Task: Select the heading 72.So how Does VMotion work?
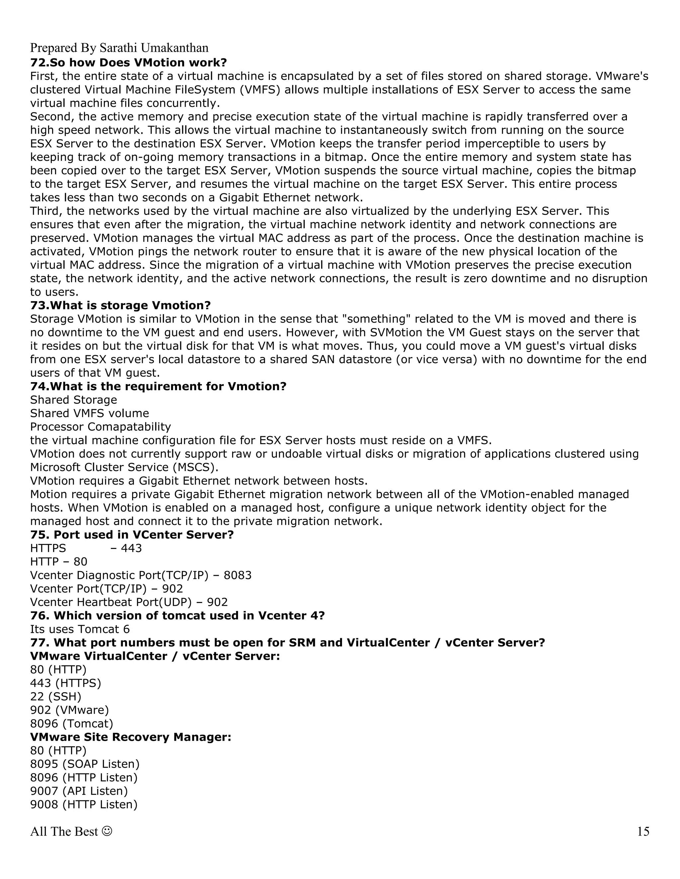[128, 63]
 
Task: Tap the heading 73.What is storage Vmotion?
[121, 305]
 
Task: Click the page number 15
[643, 831]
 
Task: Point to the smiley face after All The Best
[107, 831]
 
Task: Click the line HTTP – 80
[58, 562]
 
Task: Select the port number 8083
[237, 575]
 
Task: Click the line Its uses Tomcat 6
[80, 629]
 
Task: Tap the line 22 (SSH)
[55, 696]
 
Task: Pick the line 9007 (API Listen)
[79, 791]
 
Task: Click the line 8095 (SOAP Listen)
[85, 764]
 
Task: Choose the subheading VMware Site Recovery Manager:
[130, 737]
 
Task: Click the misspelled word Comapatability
[129, 427]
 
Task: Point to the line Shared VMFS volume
[89, 413]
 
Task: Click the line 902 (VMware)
[69, 710]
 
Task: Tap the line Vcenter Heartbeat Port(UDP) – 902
[129, 602]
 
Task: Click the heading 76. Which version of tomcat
[177, 615]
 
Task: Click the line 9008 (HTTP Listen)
[84, 805]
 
